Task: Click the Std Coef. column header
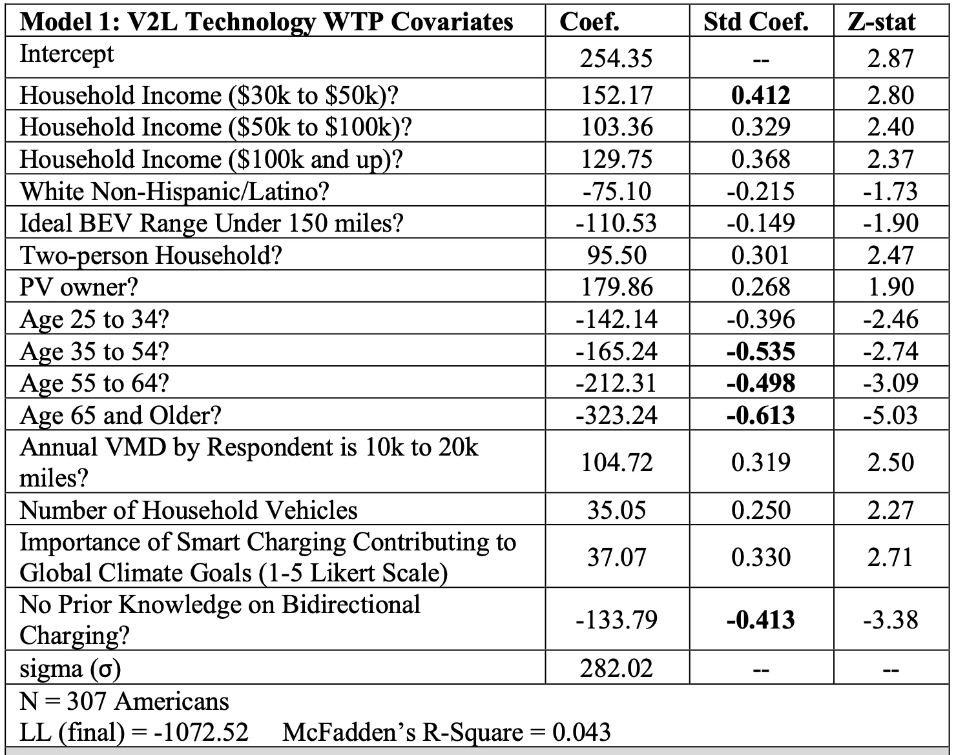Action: point(756,22)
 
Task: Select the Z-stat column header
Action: point(881,22)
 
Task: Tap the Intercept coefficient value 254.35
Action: point(616,59)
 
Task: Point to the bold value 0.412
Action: point(760,96)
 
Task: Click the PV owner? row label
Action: point(79,287)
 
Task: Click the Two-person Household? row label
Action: point(151,256)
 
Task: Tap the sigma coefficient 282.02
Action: point(616,668)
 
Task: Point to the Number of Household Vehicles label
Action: point(189,510)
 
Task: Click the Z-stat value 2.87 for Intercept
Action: point(890,59)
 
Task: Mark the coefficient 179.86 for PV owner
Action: point(616,287)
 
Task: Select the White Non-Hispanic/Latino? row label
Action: point(174,192)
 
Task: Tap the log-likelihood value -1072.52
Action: point(201,732)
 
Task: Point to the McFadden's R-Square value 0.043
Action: point(581,732)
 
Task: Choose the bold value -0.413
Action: point(760,620)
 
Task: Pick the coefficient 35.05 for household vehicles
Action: point(616,510)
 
